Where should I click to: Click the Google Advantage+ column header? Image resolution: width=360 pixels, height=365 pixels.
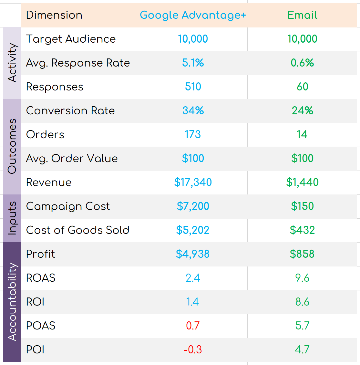[193, 15]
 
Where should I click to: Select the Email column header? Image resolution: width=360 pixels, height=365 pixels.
[302, 15]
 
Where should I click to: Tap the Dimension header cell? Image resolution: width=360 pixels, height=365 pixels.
[54, 15]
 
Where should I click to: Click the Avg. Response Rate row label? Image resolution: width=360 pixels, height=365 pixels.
[78, 63]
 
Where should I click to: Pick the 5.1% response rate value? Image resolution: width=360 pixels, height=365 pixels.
[193, 63]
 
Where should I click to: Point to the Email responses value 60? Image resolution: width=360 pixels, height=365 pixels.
[302, 87]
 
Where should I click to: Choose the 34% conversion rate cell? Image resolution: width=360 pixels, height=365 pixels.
[193, 110]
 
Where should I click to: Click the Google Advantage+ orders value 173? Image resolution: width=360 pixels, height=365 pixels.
[193, 134]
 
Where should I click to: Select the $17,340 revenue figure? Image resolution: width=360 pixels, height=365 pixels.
[193, 182]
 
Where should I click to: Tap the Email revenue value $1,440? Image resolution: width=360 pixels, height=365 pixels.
[302, 182]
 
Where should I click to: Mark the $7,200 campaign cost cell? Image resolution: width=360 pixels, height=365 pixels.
[193, 206]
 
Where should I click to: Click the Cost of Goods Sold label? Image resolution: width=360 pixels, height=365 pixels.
[78, 230]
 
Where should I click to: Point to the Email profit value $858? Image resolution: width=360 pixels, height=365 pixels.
[302, 254]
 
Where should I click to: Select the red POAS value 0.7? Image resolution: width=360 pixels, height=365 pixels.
[193, 326]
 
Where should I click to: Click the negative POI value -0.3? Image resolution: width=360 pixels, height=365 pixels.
[193, 349]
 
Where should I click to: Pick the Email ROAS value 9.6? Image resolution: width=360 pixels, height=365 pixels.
[302, 278]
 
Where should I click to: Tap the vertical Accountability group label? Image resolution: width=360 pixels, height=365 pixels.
[12, 302]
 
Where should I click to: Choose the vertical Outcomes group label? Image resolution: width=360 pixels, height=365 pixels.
[12, 146]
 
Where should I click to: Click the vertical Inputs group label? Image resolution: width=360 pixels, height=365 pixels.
[12, 218]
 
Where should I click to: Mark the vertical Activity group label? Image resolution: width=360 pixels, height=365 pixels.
[12, 63]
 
